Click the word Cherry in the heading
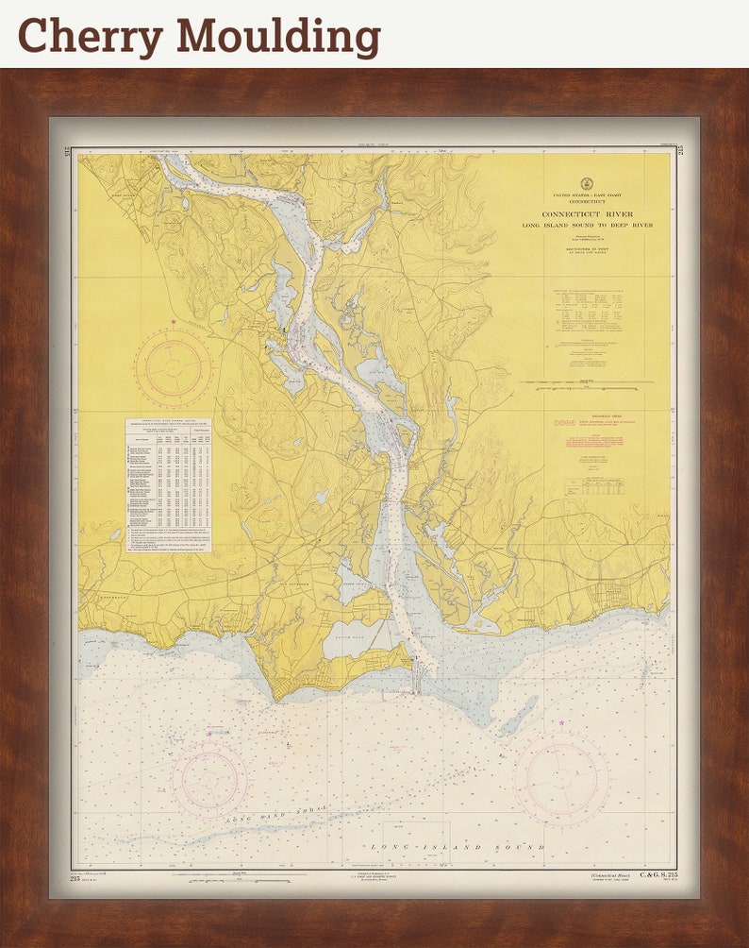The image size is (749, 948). [91, 36]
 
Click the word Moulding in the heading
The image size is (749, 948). [279, 36]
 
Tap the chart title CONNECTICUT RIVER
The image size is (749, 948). [587, 214]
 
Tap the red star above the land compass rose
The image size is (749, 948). [174, 323]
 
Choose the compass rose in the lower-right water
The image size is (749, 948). [561, 779]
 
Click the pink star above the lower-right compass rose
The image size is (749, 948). [561, 723]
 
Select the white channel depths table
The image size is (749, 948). [168, 484]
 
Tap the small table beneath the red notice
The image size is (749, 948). [593, 486]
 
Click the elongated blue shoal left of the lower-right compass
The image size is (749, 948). [518, 716]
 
